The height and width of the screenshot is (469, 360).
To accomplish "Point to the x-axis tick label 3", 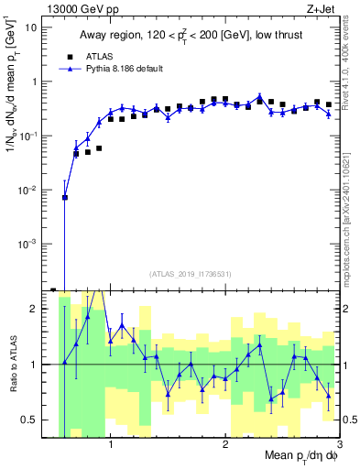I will click(x=338, y=446).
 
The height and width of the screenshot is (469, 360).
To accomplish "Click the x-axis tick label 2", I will click(x=224, y=446).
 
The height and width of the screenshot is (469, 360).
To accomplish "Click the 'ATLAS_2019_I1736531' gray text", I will click(x=191, y=274).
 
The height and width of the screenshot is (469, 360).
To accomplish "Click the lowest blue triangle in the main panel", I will click(x=65, y=197).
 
